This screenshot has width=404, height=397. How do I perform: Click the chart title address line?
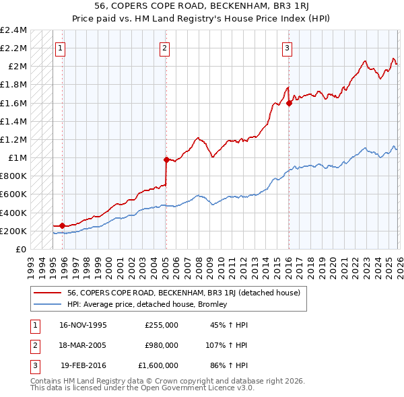202,5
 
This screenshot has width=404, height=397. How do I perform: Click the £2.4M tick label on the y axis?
13,30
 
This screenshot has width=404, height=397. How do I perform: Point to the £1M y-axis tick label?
17,158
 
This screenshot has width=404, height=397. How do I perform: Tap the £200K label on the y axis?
13,231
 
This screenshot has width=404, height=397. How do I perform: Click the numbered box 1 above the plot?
61,48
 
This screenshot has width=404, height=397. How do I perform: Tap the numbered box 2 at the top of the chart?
164,48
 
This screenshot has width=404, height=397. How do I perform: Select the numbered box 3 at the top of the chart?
287,48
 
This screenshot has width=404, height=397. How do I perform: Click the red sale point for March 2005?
166,159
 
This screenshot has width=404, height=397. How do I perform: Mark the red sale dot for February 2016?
289,103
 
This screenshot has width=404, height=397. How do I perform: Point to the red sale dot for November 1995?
63,226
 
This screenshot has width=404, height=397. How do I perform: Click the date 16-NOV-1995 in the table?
83,325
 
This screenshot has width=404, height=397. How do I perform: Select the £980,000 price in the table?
162,345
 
